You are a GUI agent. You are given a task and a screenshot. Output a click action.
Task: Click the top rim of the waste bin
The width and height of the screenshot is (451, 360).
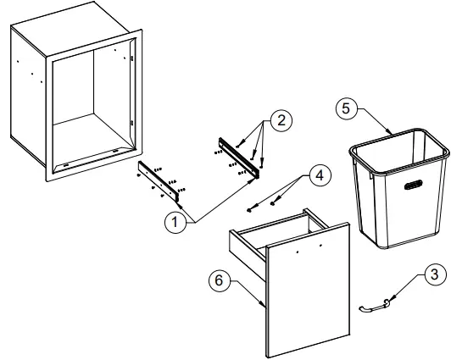tap(398, 140)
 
